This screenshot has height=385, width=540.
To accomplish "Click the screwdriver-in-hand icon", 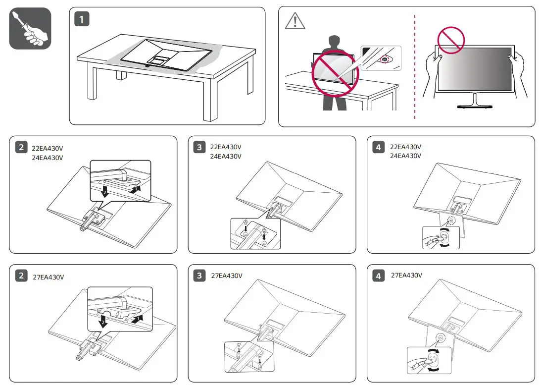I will click(30, 28).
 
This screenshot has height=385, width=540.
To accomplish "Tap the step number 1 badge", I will click(82, 19).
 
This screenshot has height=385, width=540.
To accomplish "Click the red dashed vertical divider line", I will click(415, 67).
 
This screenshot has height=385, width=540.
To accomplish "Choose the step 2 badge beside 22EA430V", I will click(21, 147).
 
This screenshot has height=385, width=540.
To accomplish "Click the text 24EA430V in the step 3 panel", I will click(226, 156).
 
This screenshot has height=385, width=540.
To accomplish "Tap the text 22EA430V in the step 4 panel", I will click(405, 147).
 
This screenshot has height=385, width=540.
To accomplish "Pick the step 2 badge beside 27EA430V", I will click(21, 275).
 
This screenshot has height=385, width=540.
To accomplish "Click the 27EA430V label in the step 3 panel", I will click(227, 275).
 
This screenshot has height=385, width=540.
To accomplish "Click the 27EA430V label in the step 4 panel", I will click(406, 275).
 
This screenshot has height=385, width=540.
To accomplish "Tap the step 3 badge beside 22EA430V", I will click(199, 147).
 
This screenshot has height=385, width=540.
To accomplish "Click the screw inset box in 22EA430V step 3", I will click(255, 233).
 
